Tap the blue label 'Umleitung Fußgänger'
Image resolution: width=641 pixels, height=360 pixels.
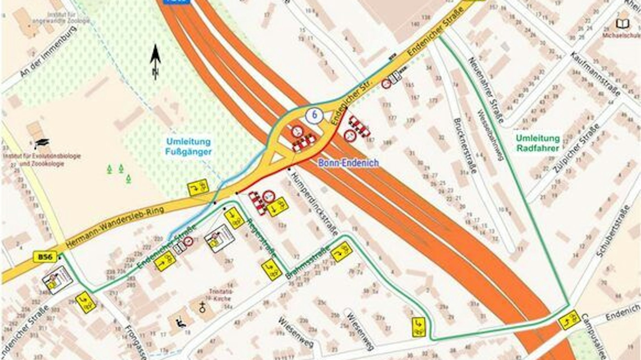click(x=188, y=146)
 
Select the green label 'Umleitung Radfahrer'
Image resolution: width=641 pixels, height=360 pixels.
click(x=538, y=143)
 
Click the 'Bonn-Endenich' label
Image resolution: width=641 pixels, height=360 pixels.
click(x=348, y=163)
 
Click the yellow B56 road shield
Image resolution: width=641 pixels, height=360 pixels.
click(x=45, y=257)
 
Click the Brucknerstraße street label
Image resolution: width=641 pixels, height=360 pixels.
click(x=465, y=145)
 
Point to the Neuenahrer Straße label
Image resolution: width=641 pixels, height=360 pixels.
click(x=486, y=90)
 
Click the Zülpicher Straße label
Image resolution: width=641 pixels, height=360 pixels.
click(x=576, y=148)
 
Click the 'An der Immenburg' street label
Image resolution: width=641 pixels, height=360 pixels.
click(x=48, y=52)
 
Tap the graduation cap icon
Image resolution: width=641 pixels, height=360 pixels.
click(x=42, y=143)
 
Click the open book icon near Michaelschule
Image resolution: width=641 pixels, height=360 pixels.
click(x=623, y=23)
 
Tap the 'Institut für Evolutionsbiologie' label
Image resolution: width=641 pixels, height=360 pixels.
click(x=42, y=157)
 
